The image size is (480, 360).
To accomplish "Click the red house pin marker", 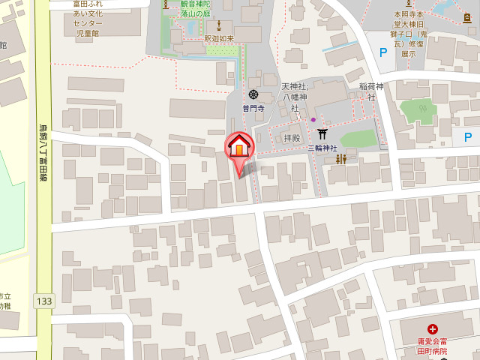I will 239,147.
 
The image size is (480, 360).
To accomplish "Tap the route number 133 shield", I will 43,301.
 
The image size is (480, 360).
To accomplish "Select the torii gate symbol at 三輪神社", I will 323,133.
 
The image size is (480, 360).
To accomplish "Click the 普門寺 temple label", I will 253,107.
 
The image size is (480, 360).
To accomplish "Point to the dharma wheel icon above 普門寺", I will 253,94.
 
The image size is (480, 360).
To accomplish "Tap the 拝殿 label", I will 292,138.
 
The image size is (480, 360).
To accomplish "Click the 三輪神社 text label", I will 322,148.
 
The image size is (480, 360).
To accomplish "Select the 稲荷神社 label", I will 370,91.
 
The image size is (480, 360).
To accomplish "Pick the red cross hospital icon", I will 433,328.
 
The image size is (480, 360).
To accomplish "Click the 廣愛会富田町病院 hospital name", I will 433,346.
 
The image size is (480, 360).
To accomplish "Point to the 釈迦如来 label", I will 219,38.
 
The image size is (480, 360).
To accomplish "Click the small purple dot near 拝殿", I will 313,120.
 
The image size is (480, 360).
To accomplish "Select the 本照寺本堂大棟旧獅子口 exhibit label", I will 409,33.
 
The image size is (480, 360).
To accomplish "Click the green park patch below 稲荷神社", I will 417,112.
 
